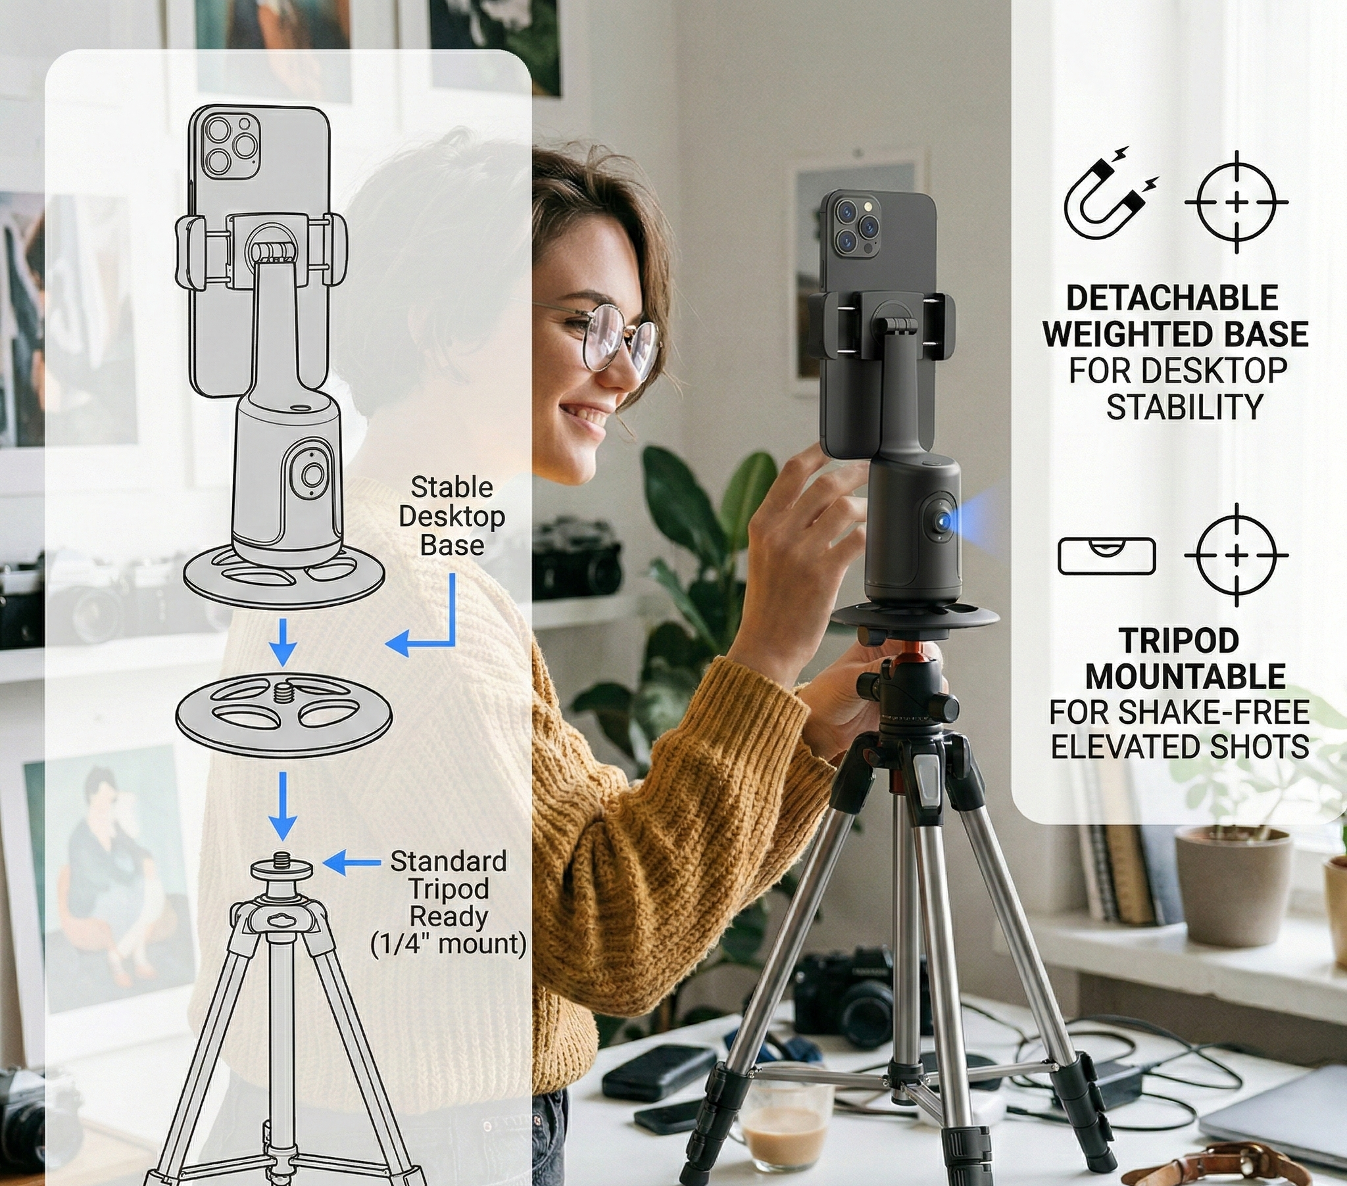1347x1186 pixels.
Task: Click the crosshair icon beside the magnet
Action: click(1237, 202)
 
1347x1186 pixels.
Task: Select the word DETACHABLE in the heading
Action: click(1172, 298)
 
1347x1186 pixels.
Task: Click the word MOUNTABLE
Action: click(1185, 676)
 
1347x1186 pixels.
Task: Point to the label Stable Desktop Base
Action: click(451, 517)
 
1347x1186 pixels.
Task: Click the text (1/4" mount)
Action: click(448, 944)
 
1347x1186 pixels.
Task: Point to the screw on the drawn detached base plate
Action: click(284, 692)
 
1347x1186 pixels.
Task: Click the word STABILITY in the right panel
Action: click(1184, 406)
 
